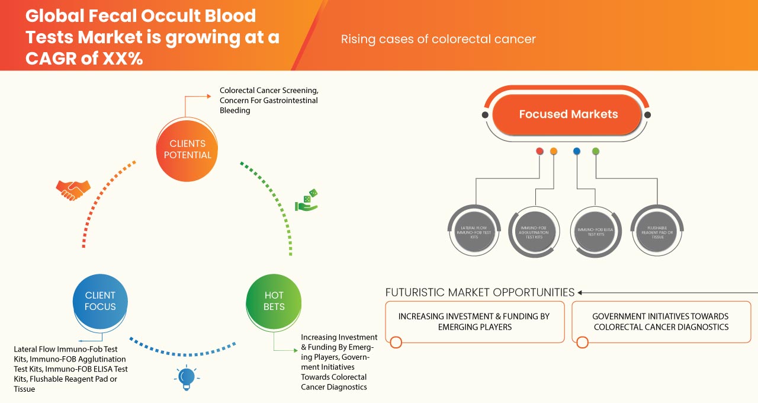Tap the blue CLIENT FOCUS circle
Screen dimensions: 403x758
point(100,301)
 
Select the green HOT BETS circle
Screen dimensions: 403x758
point(274,301)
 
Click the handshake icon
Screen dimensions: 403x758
point(73,190)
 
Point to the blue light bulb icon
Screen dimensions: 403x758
point(187,377)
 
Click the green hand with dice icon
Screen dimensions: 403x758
point(307,201)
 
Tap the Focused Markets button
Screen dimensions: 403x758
point(567,114)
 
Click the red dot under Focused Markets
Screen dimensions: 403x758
point(539,151)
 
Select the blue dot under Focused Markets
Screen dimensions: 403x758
point(577,151)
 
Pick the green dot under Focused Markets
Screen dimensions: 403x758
point(596,151)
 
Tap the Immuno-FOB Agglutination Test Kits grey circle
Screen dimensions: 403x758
point(534,231)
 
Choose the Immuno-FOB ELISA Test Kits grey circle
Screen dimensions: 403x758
point(594,231)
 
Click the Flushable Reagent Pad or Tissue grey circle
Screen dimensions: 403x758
point(655,231)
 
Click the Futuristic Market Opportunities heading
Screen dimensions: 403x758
point(480,292)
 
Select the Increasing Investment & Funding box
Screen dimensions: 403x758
point(475,322)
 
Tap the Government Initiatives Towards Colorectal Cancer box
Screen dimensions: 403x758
point(660,322)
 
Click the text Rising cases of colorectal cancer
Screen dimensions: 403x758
point(438,39)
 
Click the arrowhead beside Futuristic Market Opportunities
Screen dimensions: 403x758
point(580,292)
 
